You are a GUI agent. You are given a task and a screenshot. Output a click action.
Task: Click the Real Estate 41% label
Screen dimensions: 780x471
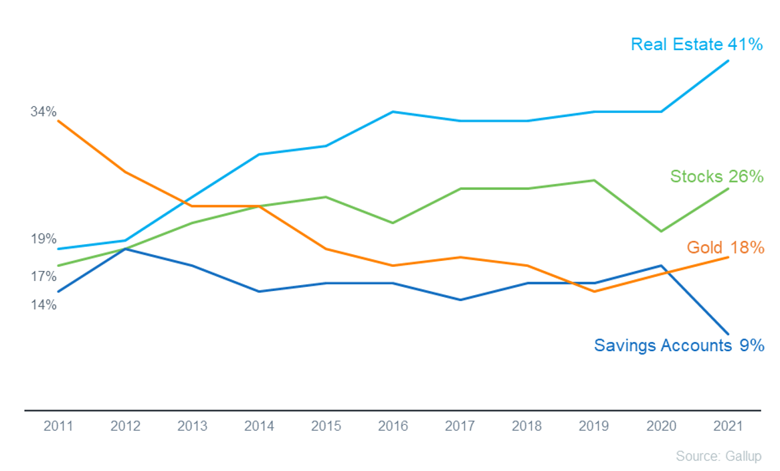click(696, 44)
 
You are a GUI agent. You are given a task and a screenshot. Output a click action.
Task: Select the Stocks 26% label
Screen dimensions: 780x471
click(716, 176)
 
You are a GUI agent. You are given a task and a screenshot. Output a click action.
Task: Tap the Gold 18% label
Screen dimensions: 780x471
click(725, 247)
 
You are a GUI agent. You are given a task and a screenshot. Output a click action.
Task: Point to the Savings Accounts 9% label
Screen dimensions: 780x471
click(679, 345)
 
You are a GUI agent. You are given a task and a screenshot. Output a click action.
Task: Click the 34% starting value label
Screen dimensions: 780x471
click(43, 112)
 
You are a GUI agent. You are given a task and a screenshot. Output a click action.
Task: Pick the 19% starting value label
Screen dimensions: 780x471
click(43, 239)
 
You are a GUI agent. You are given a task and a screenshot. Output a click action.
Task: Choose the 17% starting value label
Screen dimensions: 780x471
click(43, 276)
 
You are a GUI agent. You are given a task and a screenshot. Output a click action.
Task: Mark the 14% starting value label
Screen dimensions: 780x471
click(43, 304)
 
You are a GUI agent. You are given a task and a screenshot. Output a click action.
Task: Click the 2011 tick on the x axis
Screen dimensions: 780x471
click(58, 426)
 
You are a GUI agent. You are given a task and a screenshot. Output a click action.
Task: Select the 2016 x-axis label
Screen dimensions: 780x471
click(393, 426)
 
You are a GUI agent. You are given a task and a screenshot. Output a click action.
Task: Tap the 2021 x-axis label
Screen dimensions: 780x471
click(728, 426)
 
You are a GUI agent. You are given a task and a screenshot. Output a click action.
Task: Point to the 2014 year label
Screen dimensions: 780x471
click(259, 426)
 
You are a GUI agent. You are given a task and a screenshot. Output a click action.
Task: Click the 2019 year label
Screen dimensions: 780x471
click(594, 426)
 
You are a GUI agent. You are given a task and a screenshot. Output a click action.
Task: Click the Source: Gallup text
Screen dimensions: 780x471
click(719, 456)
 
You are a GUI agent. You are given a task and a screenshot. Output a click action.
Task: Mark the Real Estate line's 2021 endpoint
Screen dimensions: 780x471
click(728, 61)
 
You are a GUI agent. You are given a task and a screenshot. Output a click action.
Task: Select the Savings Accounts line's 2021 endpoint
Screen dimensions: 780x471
click(728, 334)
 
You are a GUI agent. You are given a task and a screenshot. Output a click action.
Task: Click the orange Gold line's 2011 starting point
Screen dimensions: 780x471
click(58, 120)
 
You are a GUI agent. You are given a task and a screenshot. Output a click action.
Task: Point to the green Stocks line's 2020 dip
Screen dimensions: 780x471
click(661, 231)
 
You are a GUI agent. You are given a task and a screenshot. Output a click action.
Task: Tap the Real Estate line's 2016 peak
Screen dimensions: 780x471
click(393, 112)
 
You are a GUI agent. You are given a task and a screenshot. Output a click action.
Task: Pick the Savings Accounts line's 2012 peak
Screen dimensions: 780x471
click(125, 249)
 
